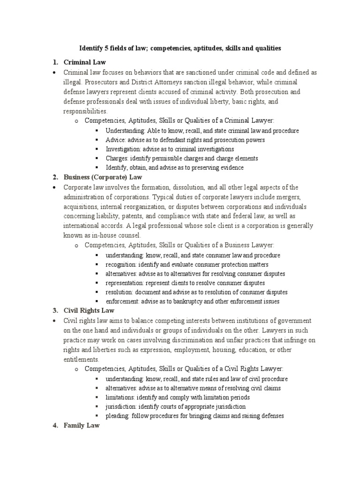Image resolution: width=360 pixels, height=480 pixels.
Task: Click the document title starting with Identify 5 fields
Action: tap(180, 48)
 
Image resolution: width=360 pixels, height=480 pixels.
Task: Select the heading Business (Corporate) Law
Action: tap(103, 177)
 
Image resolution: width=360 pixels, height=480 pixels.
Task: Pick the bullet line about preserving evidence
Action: tap(174, 167)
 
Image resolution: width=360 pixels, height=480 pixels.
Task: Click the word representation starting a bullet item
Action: tap(125, 283)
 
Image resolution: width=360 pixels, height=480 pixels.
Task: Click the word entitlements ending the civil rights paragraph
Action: tap(81, 360)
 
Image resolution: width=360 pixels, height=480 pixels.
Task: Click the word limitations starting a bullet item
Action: tap(120, 397)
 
